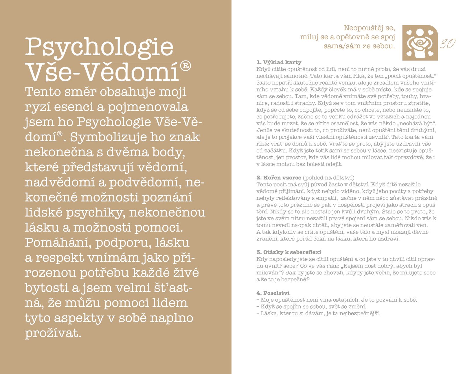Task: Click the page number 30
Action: coord(447,44)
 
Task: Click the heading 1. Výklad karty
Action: coord(279,62)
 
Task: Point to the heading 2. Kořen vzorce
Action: coord(279,177)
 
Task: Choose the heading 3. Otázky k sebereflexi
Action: coord(289,252)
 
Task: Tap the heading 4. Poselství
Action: coord(273,293)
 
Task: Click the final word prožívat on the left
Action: coord(53,333)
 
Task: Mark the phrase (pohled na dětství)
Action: coord(328,177)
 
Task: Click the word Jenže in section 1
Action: coord(264,130)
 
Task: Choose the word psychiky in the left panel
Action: coord(95,212)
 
